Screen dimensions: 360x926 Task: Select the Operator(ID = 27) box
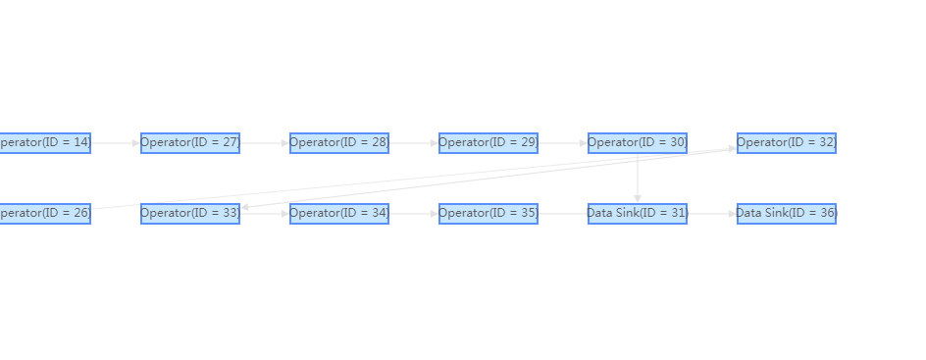[x=190, y=143]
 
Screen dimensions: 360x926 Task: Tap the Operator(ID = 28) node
[x=339, y=143]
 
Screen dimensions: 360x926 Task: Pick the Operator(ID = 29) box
[x=489, y=143]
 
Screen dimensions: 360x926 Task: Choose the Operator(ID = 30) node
[x=638, y=143]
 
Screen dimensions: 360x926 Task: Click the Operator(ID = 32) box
[x=787, y=143]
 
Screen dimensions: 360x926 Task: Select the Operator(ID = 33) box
[x=190, y=213]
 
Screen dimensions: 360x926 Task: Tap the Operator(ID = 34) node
[x=339, y=213]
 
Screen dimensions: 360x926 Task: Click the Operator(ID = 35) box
[x=489, y=213]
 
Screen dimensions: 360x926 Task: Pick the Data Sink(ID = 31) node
[x=638, y=213]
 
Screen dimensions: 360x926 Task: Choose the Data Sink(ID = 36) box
[x=787, y=213]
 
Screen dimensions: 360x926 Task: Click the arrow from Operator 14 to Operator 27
[x=116, y=143]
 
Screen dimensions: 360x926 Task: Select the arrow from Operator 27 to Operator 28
[x=265, y=143]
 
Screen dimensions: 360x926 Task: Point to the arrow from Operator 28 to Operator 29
[x=414, y=143]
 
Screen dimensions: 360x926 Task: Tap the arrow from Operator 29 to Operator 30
[x=563, y=143]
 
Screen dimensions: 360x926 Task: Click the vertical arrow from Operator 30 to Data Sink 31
[x=638, y=179]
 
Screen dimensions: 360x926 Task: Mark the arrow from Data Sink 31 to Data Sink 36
[x=712, y=213]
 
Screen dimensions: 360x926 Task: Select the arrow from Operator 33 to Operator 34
[x=265, y=213]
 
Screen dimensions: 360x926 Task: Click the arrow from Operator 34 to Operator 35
[x=414, y=213]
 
